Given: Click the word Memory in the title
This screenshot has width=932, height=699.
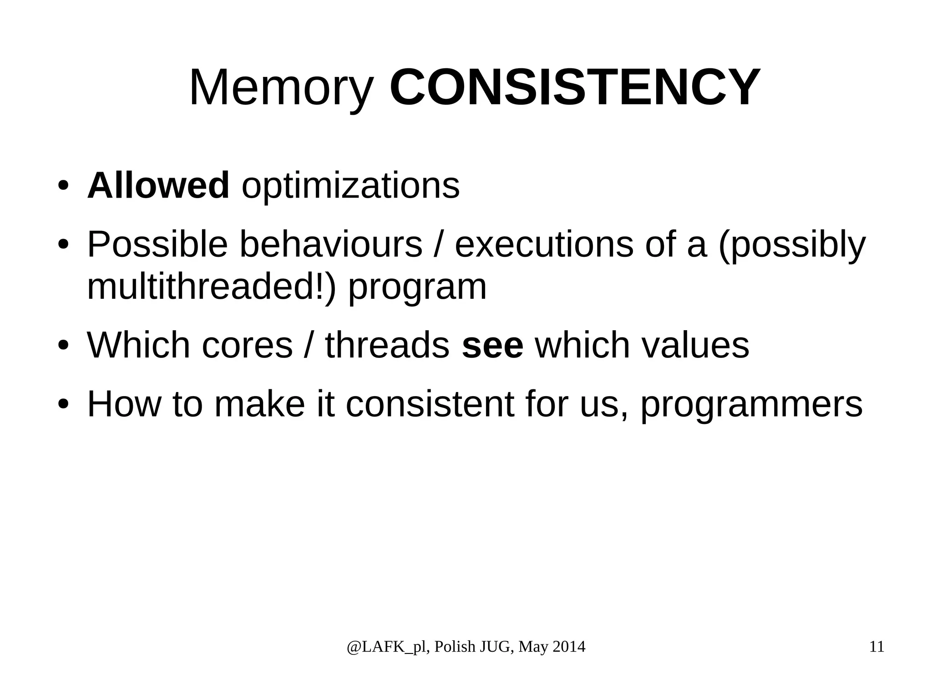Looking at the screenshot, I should coord(281,87).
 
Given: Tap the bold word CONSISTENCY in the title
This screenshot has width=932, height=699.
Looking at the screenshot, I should coord(575,87).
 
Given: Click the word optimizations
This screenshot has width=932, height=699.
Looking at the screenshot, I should coord(350,186).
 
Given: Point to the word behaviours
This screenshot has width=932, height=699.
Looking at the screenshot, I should coord(330,245).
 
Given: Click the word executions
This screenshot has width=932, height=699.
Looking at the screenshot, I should coord(544,245).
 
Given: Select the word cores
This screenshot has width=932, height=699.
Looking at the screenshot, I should coord(247,345).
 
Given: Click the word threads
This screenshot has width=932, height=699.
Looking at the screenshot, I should coord(387,345).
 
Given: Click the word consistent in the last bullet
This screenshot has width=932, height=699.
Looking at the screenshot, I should coord(430,404).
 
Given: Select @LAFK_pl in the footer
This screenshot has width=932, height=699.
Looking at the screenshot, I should coord(387,647).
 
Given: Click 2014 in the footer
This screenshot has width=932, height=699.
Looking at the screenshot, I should coord(568,647).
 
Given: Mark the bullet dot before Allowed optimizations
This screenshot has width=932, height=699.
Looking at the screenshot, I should coord(63,186).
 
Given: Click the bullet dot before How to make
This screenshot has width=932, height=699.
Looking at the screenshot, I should coord(63,404).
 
